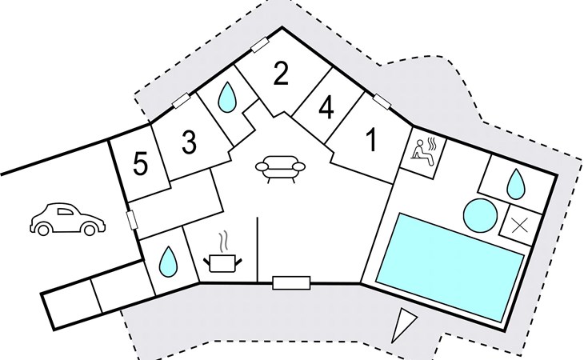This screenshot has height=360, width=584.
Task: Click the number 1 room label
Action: point(370,141)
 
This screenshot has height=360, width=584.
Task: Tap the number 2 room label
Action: point(280,74)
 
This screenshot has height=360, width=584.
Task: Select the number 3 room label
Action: point(189,142)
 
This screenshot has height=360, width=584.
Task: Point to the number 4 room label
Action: point(326,109)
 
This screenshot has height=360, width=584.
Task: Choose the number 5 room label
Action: point(141,165)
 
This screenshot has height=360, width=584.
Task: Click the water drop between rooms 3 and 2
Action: point(228,98)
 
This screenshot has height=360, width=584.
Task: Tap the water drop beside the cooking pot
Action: point(167,260)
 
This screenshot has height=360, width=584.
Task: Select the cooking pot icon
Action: point(222,262)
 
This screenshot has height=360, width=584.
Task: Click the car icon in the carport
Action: point(67,219)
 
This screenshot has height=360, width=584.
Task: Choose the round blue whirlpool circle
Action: point(479,214)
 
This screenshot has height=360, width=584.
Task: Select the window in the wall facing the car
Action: point(130,221)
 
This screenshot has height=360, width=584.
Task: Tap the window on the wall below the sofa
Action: point(291,282)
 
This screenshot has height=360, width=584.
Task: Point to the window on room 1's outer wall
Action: point(381,102)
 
